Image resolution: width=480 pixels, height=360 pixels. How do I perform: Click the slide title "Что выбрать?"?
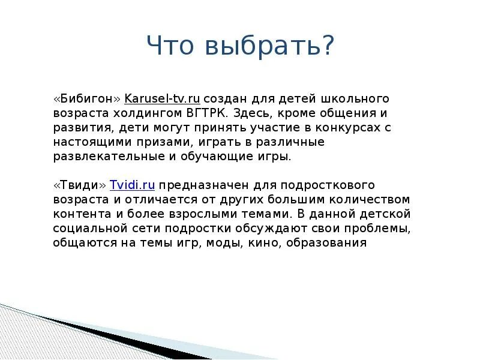point(240,46)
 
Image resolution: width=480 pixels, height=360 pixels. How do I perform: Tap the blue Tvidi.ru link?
point(132,185)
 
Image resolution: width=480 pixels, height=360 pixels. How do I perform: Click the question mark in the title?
point(326,46)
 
